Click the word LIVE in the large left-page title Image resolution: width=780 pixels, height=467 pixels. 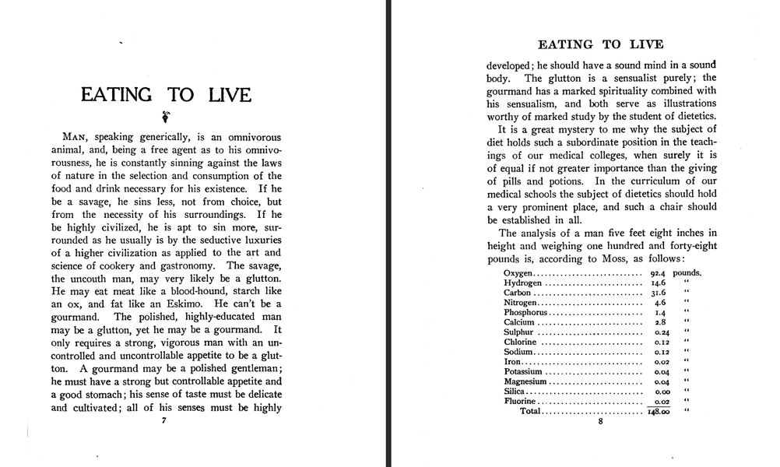(229, 95)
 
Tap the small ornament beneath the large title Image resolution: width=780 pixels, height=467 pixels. (164, 118)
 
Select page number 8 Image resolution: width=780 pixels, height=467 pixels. (600, 422)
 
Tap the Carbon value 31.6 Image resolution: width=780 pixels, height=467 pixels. (659, 293)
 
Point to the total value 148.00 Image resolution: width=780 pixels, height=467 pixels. (659, 411)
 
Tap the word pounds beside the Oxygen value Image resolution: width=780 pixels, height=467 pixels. (687, 273)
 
